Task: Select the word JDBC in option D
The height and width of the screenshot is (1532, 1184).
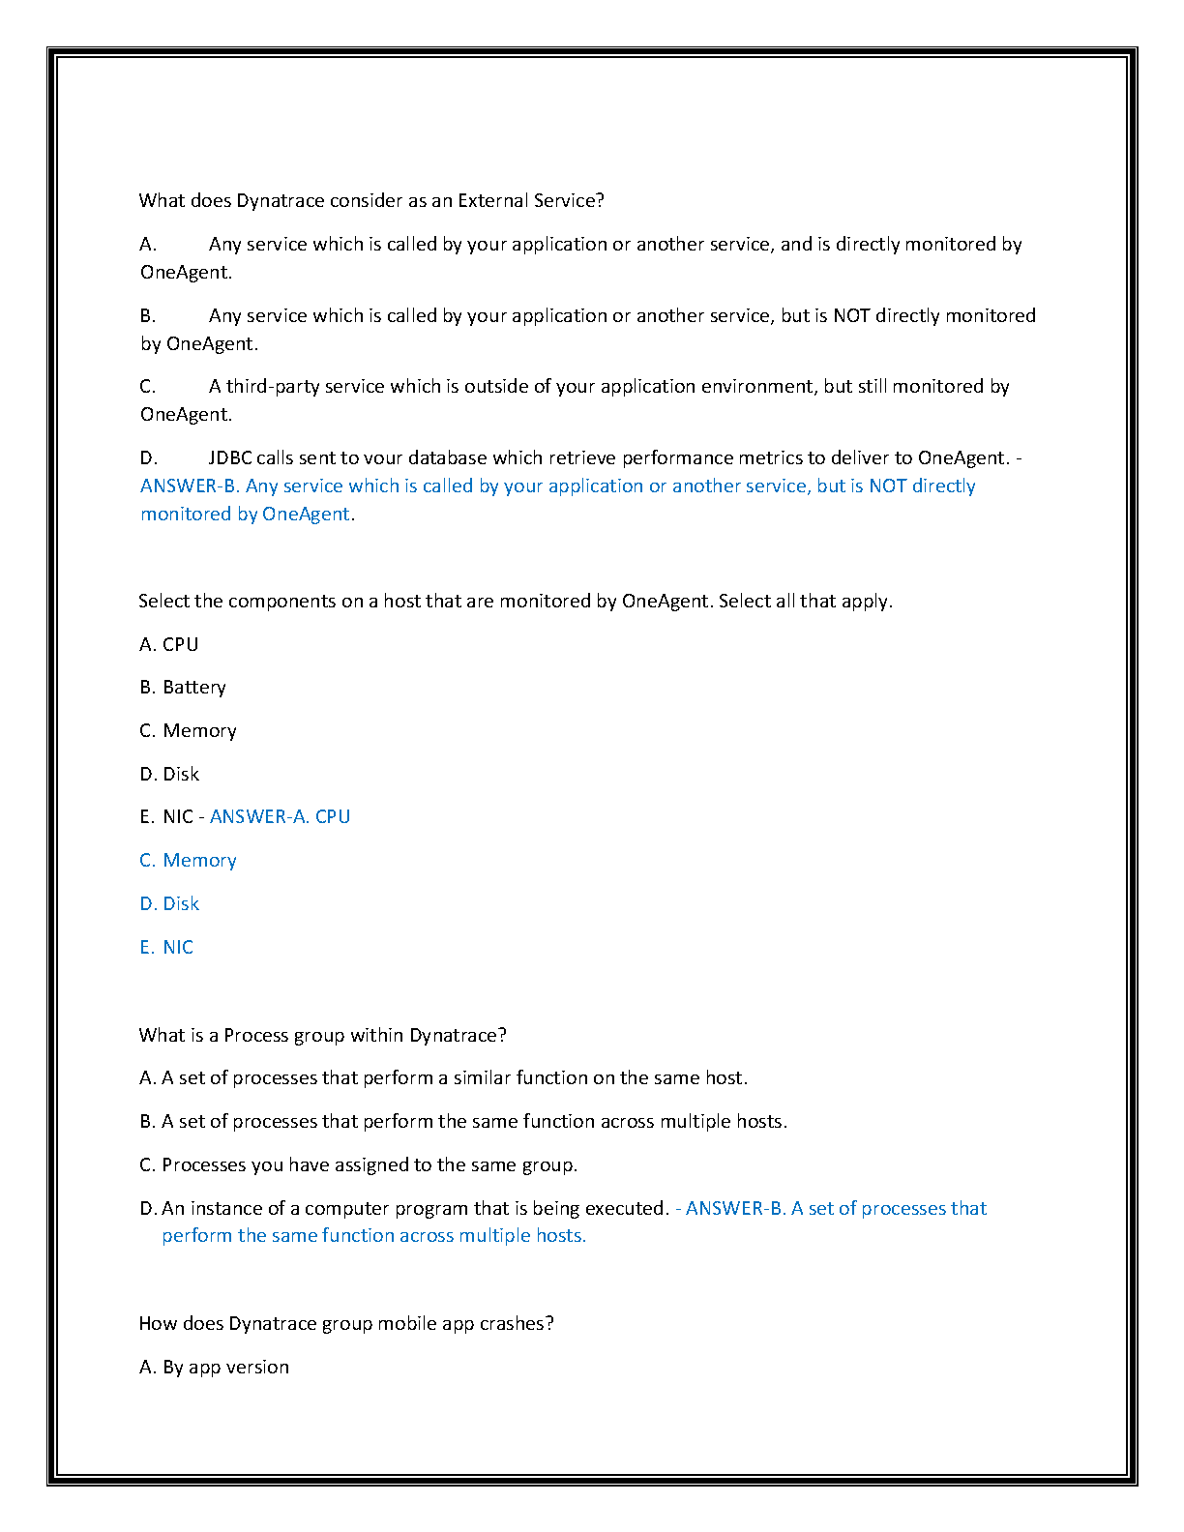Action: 230,457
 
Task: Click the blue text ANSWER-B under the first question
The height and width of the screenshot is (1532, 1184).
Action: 190,486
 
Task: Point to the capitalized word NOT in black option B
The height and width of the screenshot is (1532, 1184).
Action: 851,315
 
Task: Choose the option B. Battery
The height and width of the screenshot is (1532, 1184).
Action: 183,687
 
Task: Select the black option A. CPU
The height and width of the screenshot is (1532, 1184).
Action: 169,644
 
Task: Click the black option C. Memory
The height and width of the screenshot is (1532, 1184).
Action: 189,730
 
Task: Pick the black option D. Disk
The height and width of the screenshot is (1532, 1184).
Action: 169,774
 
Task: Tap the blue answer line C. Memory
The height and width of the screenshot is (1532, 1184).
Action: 189,860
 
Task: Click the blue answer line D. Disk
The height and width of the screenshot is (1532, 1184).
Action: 169,903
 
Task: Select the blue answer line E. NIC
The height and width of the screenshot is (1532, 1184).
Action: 166,947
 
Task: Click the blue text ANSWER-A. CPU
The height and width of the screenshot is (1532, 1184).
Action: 280,816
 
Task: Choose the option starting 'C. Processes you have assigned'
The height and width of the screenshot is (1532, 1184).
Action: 359,1164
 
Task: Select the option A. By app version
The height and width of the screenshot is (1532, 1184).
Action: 215,1367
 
